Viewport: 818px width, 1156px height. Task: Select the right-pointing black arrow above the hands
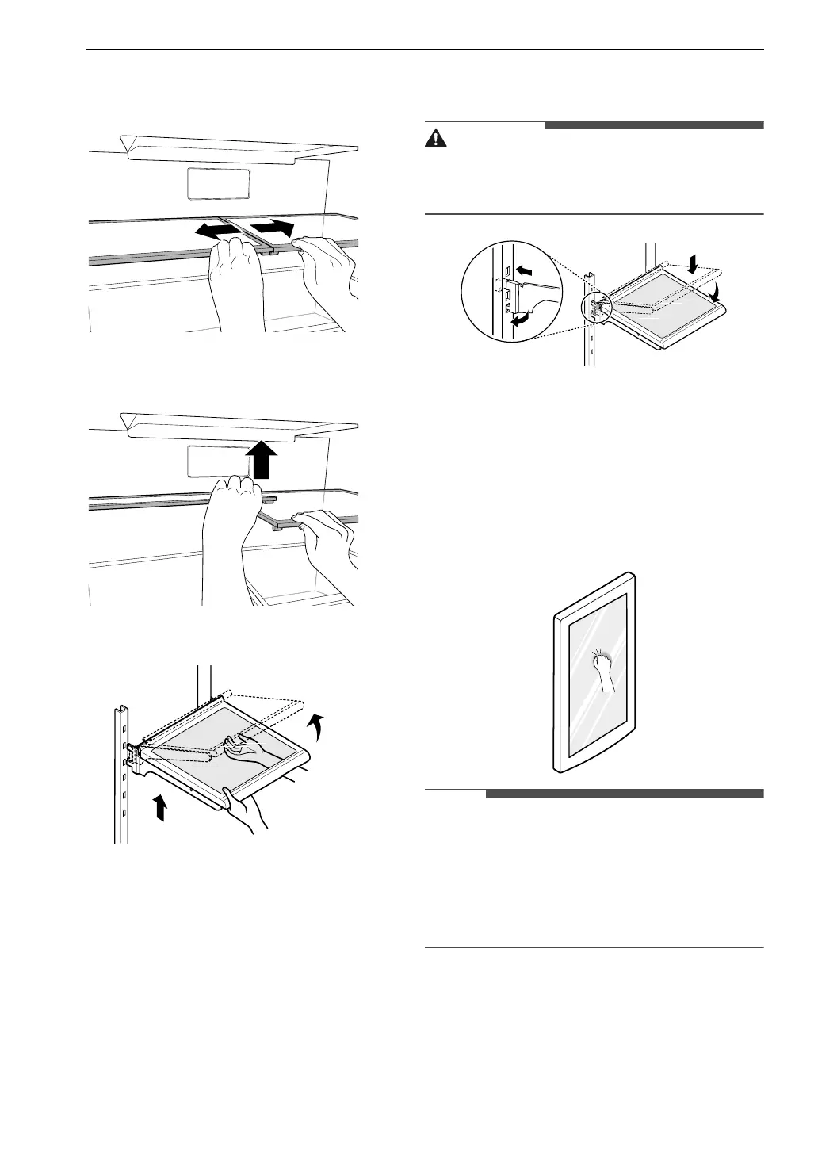272,228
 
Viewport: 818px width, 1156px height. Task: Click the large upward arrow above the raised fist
261,461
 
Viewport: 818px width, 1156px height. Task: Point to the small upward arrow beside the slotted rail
160,808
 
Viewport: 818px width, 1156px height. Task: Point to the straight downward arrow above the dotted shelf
694,266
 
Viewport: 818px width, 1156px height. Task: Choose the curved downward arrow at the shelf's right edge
717,293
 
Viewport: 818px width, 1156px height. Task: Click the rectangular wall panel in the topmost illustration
218,184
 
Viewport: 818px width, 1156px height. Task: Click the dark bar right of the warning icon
654,124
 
